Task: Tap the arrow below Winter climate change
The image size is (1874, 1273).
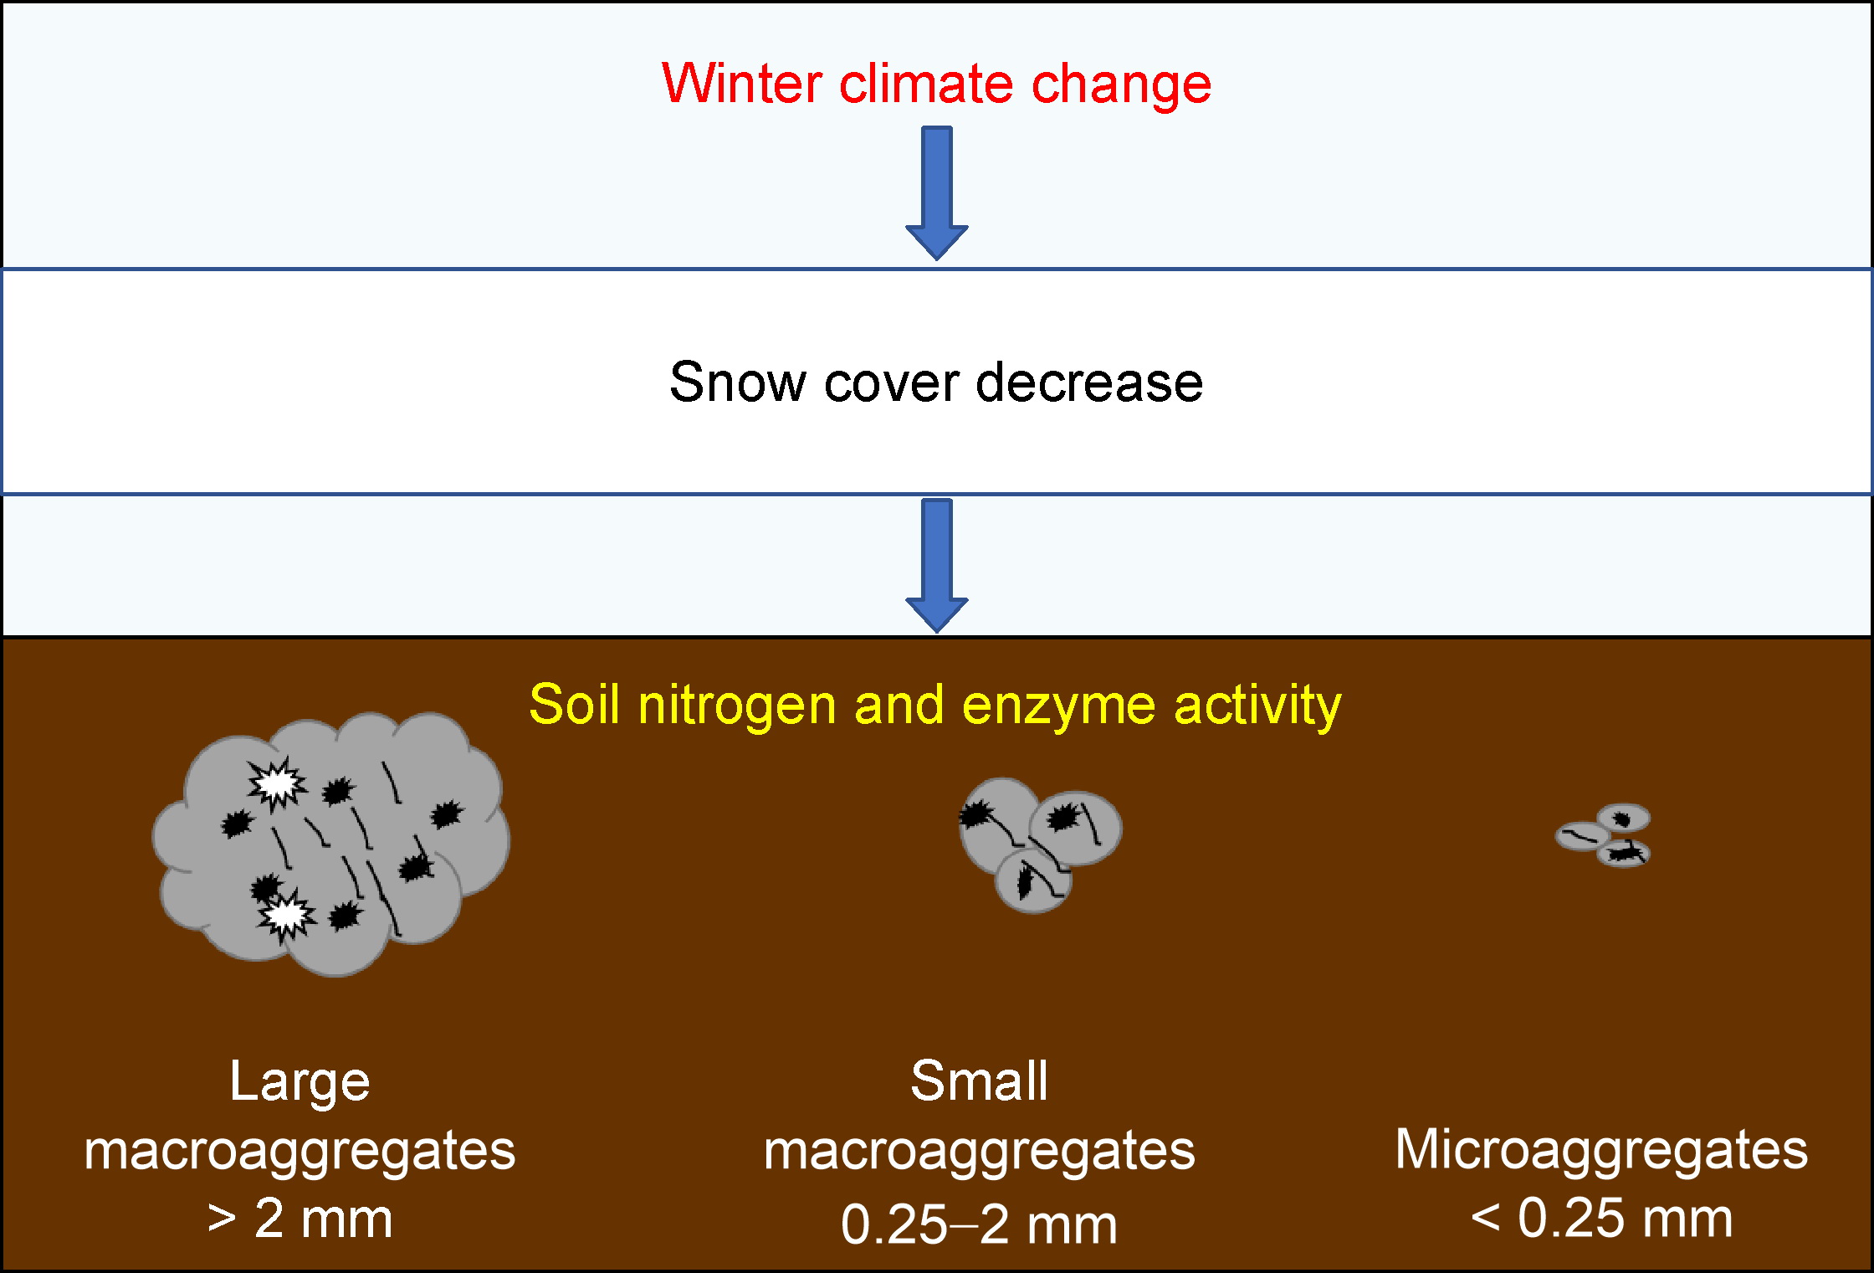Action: (937, 193)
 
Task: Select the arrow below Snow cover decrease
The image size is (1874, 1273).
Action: (937, 566)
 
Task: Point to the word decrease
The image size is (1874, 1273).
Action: (1089, 382)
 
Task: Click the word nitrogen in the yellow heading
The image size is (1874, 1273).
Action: (737, 706)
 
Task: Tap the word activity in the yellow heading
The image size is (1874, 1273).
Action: (1257, 706)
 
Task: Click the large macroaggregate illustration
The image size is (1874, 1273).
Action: (331, 844)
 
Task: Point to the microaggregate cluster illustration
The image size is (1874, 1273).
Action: (1603, 835)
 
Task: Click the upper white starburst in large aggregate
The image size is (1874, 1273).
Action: (277, 783)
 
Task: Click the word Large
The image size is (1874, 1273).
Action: (300, 1081)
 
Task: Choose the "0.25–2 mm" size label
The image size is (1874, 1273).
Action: (979, 1224)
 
